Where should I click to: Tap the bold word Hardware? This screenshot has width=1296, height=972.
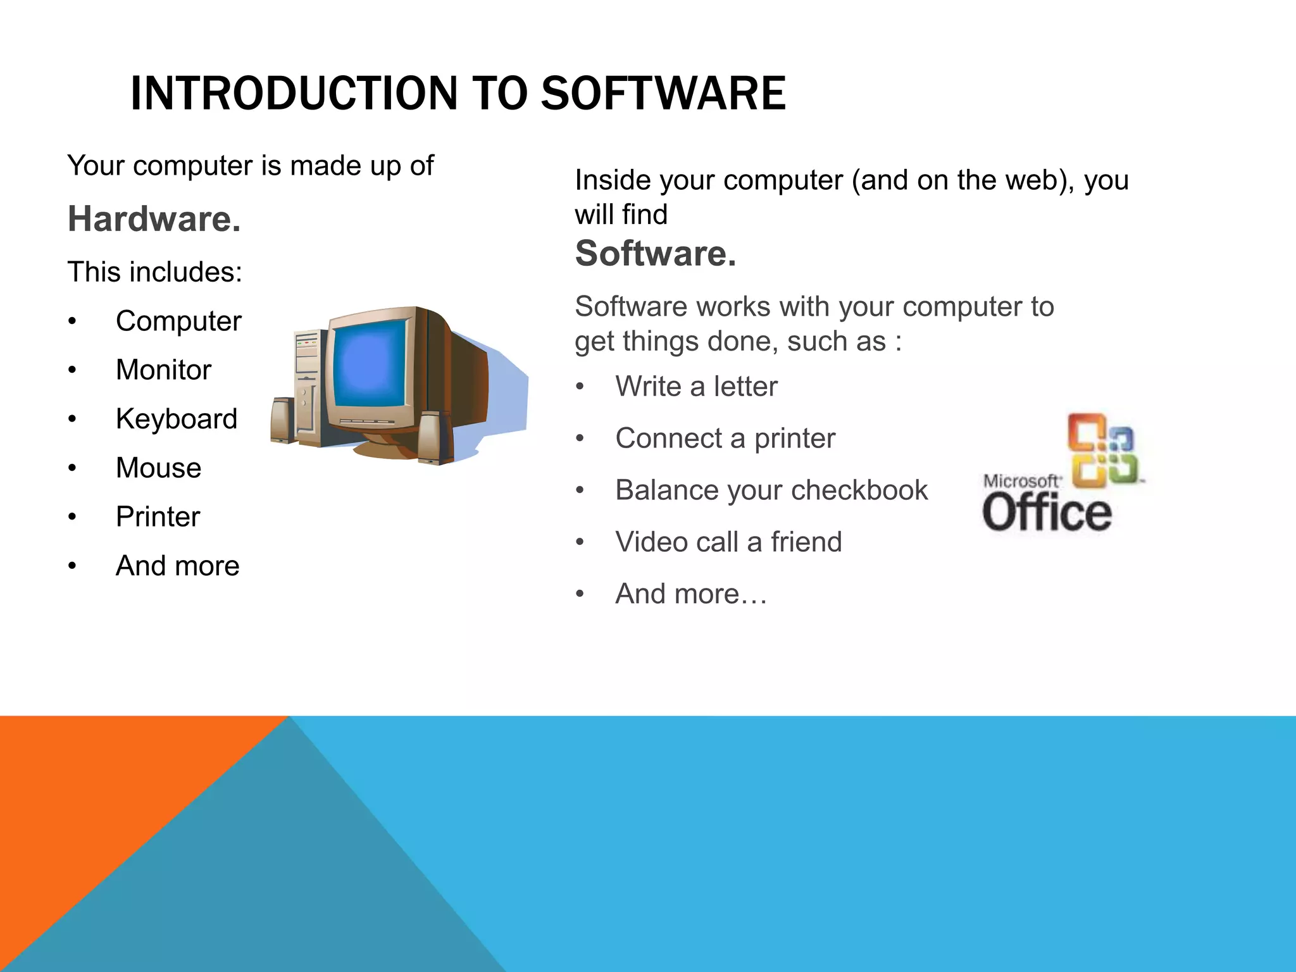pyautogui.click(x=154, y=220)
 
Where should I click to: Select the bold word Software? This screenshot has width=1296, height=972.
pyautogui.click(x=656, y=254)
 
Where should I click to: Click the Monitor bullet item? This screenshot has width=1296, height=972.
pyautogui.click(x=163, y=370)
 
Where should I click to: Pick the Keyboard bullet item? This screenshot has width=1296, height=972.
pyautogui.click(x=177, y=419)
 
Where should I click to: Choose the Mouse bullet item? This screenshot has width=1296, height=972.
pyautogui.click(x=158, y=468)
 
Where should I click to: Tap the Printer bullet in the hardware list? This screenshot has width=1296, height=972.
pyautogui.click(x=158, y=517)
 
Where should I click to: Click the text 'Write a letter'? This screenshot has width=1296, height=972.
pyautogui.click(x=696, y=387)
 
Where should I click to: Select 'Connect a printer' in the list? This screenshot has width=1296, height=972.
pyautogui.click(x=725, y=439)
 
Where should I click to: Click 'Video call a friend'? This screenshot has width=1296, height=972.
pyautogui.click(x=728, y=542)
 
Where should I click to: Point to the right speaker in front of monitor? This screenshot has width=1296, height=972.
pyautogui.click(x=435, y=438)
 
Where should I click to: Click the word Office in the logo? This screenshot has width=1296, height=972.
pyautogui.click(x=1047, y=513)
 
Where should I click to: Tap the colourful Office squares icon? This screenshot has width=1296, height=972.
pyautogui.click(x=1102, y=451)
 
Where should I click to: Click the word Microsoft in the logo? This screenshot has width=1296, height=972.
pyautogui.click(x=1021, y=481)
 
